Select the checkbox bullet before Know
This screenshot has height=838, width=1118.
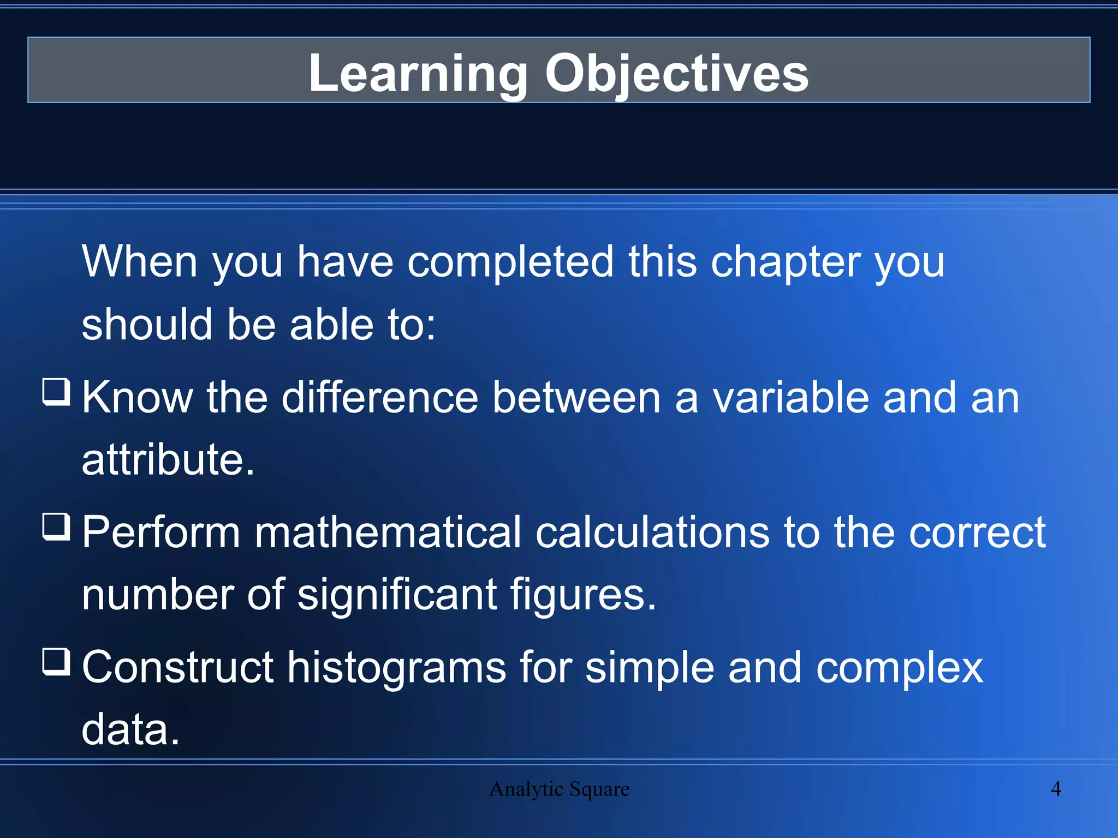56,392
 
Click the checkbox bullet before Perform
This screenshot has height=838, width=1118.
56,526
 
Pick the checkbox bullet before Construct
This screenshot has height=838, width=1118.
56,661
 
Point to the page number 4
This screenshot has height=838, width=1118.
1056,789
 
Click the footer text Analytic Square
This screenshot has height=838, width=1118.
559,789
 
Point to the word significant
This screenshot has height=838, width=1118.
397,594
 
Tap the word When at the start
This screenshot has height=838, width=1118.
140,262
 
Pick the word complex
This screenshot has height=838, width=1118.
899,668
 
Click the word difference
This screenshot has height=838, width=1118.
380,398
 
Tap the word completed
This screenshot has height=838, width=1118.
510,262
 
